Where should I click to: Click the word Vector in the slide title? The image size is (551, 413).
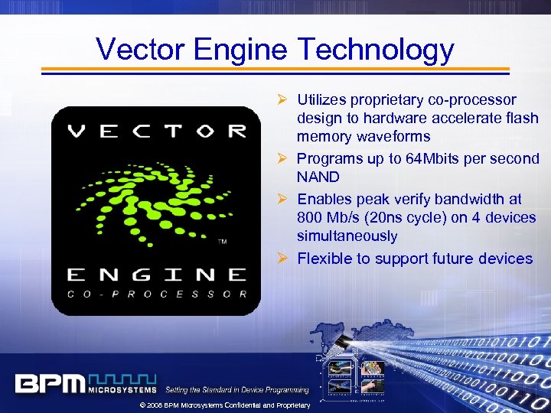click(140, 50)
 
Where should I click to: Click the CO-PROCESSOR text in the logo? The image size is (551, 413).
click(156, 294)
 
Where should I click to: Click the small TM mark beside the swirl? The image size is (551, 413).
click(222, 242)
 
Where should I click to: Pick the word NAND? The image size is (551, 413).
click(318, 177)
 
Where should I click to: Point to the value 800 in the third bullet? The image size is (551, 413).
click(311, 218)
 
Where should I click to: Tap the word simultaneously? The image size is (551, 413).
click(347, 236)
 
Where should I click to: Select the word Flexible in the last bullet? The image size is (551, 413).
click(323, 259)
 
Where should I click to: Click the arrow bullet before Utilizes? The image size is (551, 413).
click(282, 99)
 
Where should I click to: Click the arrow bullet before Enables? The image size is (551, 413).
click(282, 199)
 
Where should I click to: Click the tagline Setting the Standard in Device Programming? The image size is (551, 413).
click(237, 390)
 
